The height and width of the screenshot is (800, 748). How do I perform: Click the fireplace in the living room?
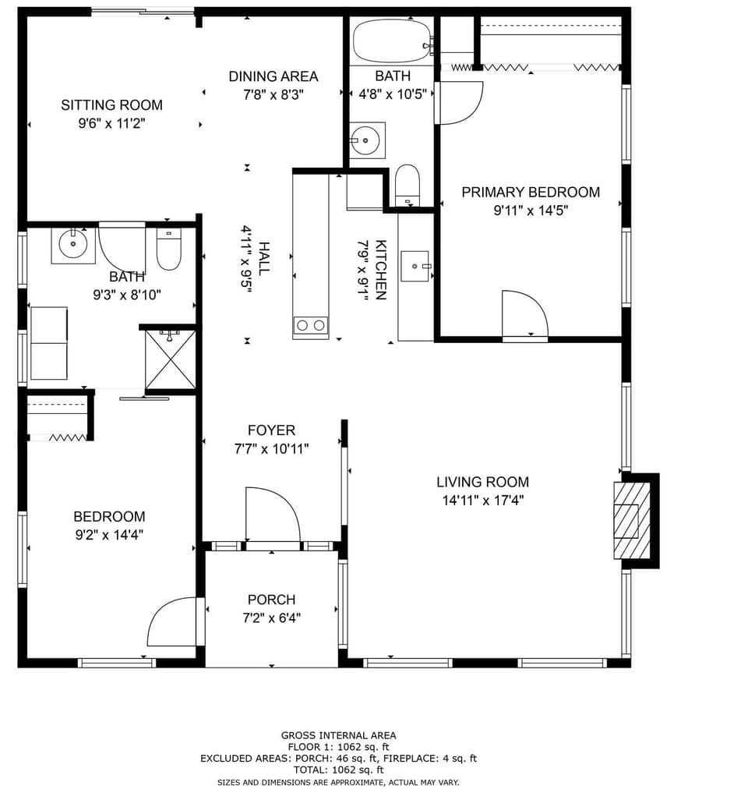632,521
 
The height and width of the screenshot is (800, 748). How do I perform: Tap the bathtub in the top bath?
391,41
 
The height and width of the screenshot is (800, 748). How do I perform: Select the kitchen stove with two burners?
310,325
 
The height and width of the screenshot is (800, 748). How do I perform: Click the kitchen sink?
415,266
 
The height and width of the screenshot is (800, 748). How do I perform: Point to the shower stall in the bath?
170,359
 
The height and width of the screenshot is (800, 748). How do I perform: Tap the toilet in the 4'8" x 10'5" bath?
407,185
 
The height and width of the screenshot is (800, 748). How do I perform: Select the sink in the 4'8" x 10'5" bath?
366,140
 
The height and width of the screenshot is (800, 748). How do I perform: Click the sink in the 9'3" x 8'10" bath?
73,245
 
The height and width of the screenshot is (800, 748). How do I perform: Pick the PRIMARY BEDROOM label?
531,192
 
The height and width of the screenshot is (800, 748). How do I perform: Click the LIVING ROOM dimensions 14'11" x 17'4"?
482,501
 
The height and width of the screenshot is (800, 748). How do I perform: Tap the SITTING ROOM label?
111,104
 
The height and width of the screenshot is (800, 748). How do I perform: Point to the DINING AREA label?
273,76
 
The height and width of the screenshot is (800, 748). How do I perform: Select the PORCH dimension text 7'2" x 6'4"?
271,618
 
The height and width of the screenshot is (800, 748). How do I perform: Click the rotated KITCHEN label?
381,270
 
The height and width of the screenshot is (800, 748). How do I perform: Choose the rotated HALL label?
264,257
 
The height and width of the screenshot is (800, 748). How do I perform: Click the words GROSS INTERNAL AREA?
338,735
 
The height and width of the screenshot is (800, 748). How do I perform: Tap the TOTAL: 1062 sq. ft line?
338,770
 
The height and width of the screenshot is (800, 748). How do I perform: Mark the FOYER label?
271,430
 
